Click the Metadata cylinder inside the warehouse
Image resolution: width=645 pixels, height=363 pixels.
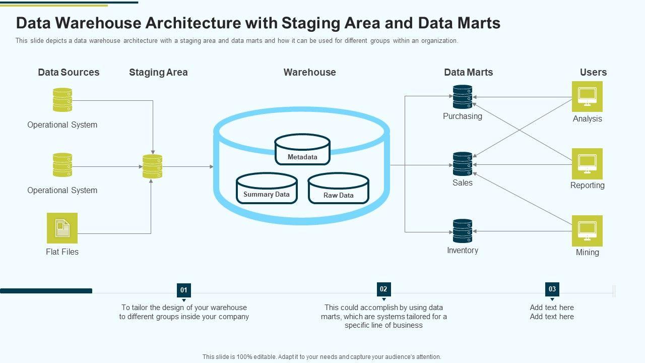[x=302, y=150]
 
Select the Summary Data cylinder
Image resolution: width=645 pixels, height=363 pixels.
[x=267, y=189]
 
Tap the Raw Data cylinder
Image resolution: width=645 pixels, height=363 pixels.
[x=338, y=189]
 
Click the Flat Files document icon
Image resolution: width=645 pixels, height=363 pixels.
[x=62, y=228]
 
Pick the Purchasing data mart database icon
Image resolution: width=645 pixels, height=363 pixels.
[x=463, y=97]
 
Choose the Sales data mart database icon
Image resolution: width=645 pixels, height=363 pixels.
[x=463, y=164]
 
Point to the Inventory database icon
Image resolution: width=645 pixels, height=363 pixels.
[x=463, y=231]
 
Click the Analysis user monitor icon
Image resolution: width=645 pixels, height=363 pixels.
[x=587, y=96]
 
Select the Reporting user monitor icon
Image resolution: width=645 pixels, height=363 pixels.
[x=587, y=163]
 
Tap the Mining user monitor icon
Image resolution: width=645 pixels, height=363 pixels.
[x=587, y=231]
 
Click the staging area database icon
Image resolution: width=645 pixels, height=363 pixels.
[x=152, y=166]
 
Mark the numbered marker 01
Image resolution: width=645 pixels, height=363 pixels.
[x=184, y=290]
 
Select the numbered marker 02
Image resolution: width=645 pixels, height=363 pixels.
[x=383, y=289]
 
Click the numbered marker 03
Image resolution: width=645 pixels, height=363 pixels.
[x=552, y=289]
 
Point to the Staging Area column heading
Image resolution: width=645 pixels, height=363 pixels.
[x=158, y=72]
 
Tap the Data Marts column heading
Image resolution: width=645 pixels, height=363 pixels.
[x=468, y=72]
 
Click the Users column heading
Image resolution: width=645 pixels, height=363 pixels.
[x=593, y=72]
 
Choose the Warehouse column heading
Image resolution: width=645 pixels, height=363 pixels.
[x=309, y=72]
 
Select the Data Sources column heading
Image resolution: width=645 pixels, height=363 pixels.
[x=69, y=72]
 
